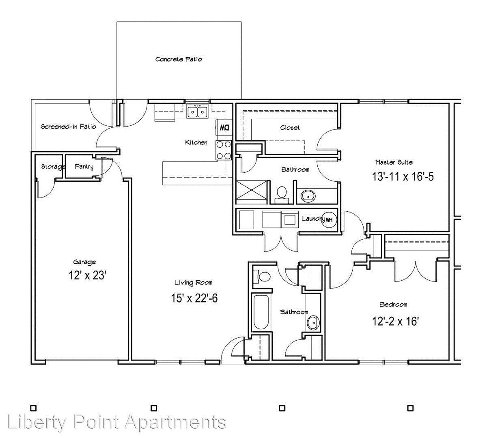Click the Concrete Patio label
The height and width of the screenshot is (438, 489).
[x=179, y=59]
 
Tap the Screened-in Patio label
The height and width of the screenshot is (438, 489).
[x=69, y=127]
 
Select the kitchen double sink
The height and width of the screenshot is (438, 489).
[x=198, y=112]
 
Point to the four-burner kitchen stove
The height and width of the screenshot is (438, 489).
[x=224, y=150]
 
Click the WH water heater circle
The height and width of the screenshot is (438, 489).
[x=329, y=220]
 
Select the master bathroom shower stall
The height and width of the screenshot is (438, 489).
[x=252, y=193]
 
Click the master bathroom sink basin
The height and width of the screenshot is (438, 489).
[x=308, y=196]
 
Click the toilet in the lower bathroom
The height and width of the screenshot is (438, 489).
[x=261, y=277]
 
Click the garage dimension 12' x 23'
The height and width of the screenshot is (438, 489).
[x=88, y=275]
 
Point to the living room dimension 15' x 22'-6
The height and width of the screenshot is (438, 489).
[x=194, y=298]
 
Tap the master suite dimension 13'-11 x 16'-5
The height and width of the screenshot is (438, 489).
[x=403, y=176]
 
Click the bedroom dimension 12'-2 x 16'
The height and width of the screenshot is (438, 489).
[x=395, y=321]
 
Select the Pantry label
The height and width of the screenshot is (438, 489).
[x=84, y=167]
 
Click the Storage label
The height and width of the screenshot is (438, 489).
[x=53, y=167]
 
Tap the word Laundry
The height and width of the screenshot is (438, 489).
[x=313, y=219]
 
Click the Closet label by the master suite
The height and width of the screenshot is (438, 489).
[x=290, y=127]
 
